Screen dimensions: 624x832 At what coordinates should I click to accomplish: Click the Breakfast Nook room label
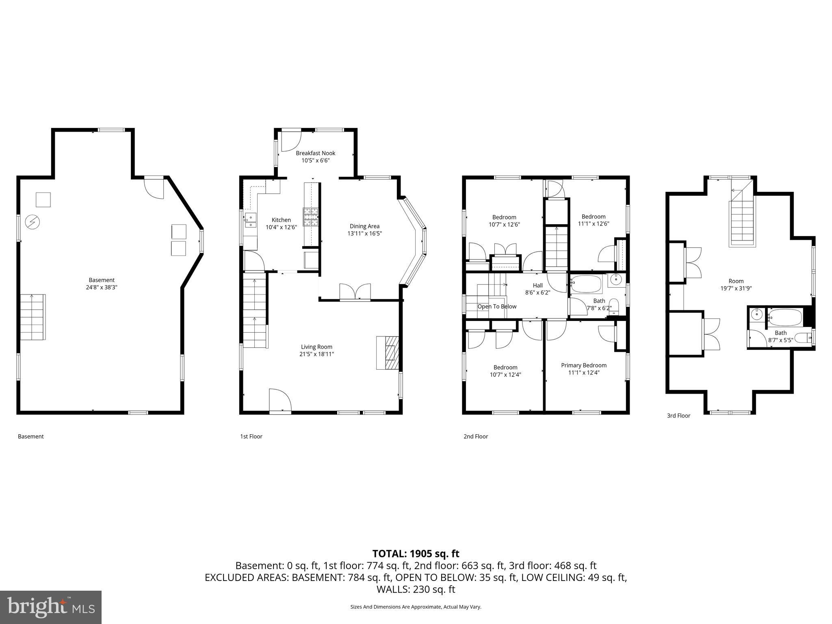[315, 153]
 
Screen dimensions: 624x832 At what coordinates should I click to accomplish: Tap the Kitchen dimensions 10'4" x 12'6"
[281, 227]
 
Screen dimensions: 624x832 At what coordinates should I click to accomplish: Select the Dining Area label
[364, 226]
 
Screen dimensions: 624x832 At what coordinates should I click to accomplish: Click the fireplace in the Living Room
[388, 352]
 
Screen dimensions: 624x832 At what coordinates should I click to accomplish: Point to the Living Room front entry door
[280, 401]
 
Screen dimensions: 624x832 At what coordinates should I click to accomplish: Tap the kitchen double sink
[250, 220]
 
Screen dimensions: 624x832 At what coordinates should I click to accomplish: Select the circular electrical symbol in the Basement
[32, 222]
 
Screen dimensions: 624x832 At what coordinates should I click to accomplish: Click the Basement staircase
[32, 317]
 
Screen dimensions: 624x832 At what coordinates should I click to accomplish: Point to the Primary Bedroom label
[583, 365]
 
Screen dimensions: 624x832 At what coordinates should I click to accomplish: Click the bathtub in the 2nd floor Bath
[586, 284]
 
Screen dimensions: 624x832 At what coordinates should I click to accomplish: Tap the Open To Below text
[496, 306]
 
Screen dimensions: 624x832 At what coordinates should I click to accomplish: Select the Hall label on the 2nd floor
[537, 286]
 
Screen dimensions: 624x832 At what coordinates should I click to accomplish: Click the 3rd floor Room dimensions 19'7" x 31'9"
[736, 288]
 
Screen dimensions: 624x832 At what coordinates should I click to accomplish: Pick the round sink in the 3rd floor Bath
[756, 314]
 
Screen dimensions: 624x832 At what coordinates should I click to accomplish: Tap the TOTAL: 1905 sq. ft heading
[416, 554]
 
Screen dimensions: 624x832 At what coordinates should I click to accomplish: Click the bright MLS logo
[51, 607]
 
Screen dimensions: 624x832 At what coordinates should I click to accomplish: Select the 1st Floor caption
[251, 436]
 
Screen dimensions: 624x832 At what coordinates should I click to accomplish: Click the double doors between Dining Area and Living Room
[355, 292]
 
